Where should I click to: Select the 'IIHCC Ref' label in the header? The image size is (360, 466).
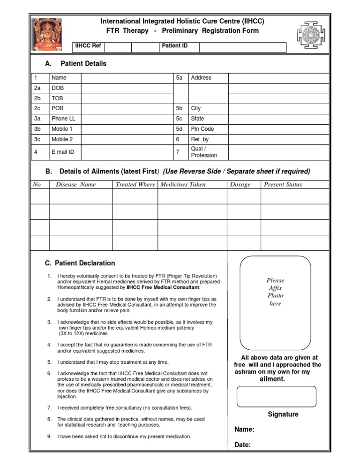88,46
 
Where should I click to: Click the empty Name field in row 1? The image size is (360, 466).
126,78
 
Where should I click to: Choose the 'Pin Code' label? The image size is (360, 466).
202,129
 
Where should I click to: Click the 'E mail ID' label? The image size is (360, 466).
63,152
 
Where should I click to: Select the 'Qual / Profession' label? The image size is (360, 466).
204,152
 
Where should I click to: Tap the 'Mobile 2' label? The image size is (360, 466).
62,139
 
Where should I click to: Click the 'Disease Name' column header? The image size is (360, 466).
75,185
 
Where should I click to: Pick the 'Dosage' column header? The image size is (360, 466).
240,185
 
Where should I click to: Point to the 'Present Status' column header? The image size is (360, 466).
283,185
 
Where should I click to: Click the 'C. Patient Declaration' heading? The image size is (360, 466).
80,263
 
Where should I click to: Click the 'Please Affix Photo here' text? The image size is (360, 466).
275,292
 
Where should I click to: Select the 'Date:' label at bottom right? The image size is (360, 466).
242,445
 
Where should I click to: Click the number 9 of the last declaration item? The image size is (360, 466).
49,436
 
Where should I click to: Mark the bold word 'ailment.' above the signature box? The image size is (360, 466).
272,379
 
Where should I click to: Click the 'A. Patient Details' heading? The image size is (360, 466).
75,64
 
